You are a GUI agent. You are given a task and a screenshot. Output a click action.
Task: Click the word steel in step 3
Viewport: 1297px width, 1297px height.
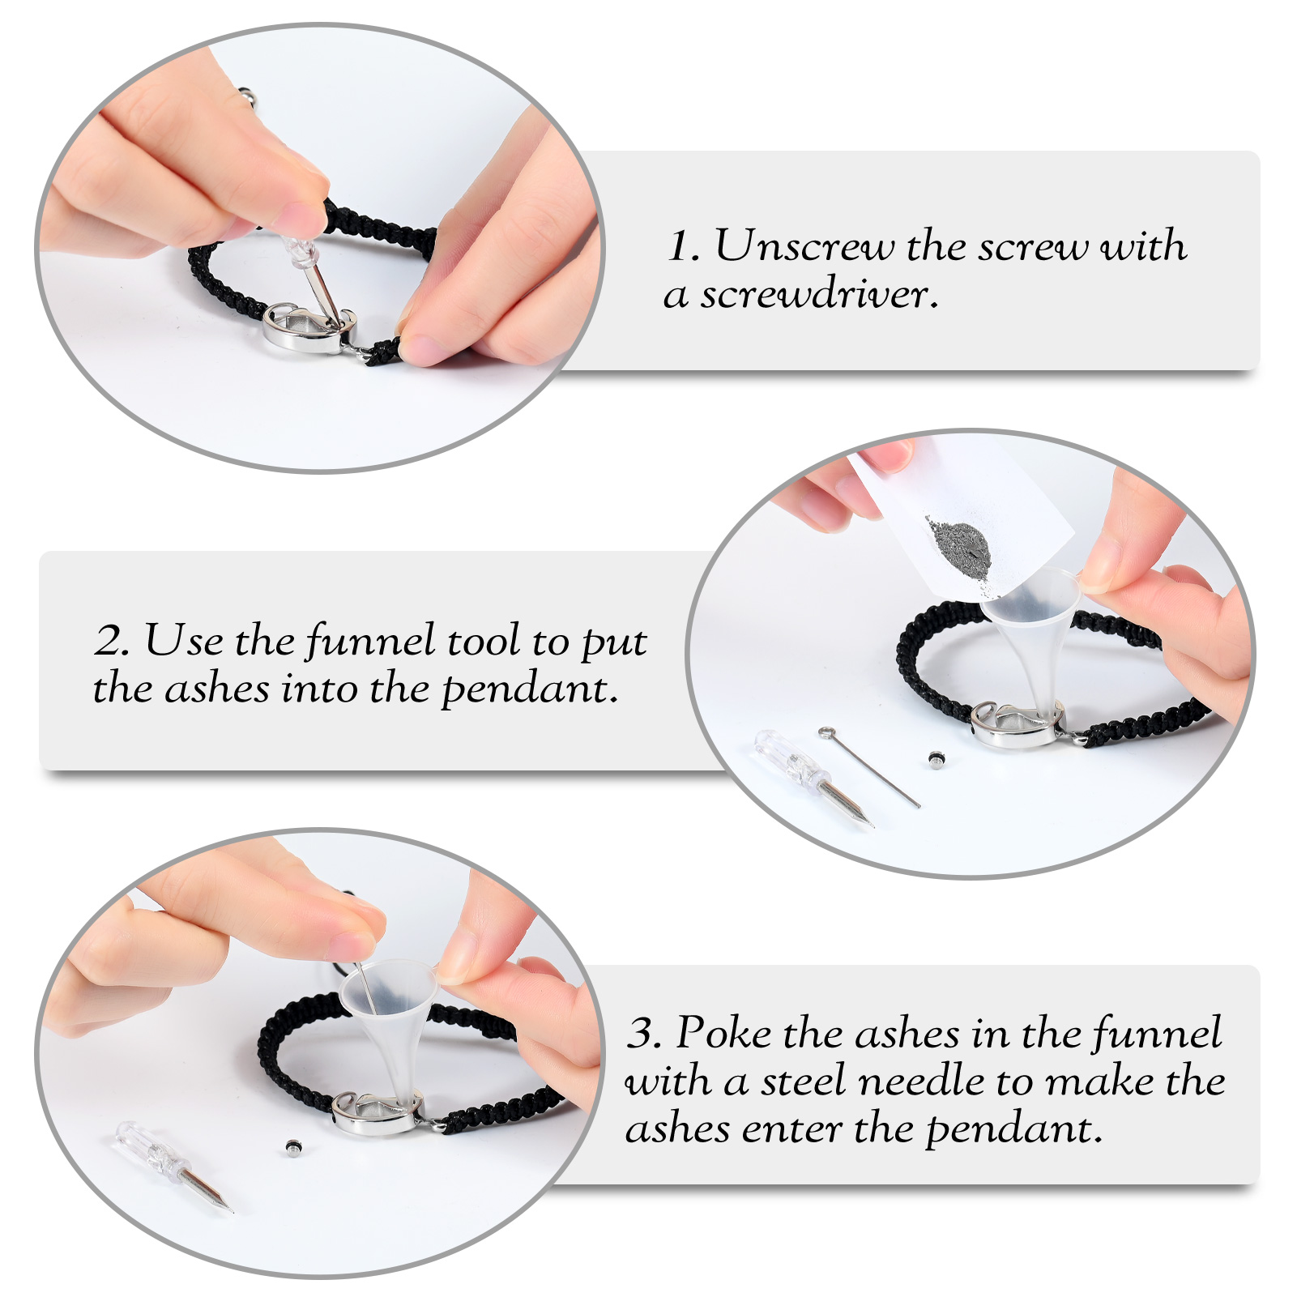[x=803, y=1081]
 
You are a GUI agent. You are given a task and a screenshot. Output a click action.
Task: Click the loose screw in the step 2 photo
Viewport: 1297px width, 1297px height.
[x=936, y=759]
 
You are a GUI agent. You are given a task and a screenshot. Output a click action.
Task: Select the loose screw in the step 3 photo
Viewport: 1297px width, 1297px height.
[x=293, y=1146]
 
